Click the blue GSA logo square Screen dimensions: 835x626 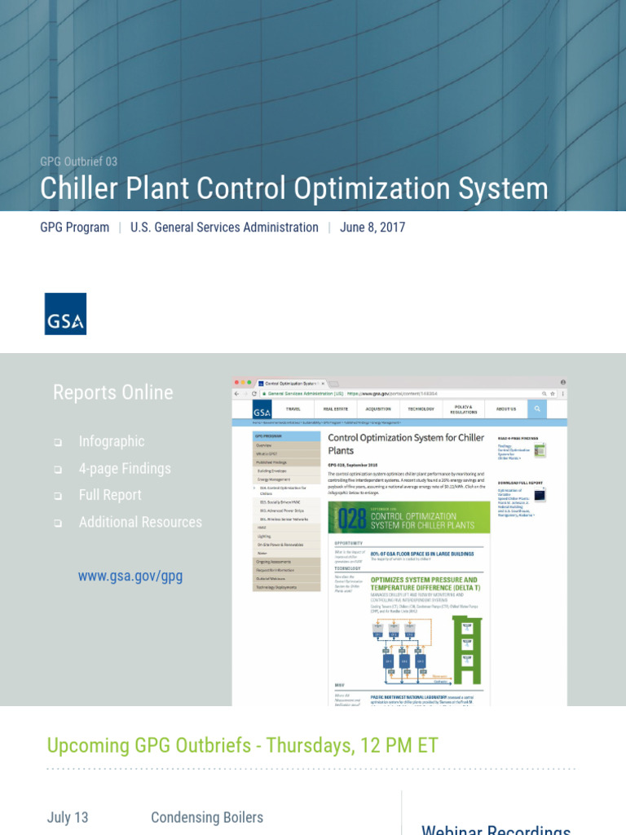[65, 314]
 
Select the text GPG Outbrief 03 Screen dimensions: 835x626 [78, 161]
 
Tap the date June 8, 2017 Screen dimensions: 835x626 [372, 228]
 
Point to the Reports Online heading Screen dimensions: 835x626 [112, 392]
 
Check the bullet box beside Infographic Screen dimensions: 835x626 [58, 442]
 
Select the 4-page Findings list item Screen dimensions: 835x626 [125, 468]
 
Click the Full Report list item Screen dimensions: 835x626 [110, 495]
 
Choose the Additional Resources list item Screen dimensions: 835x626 [140, 522]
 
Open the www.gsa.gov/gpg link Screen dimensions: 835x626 [130, 577]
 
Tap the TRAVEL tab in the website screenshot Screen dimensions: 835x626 [293, 409]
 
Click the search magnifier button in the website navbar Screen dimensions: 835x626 [537, 409]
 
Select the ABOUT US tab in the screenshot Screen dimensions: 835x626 [506, 409]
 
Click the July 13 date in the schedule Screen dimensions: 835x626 [68, 817]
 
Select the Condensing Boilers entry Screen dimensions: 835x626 [207, 817]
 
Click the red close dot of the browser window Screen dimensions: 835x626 [237, 382]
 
